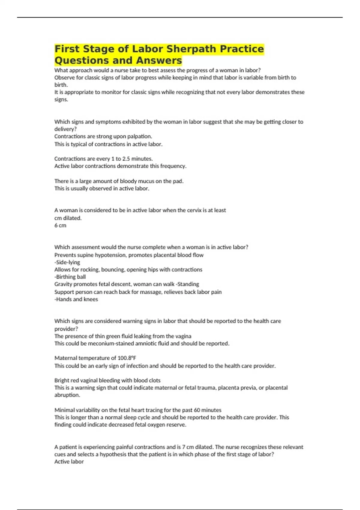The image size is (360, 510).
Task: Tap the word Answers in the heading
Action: click(159, 60)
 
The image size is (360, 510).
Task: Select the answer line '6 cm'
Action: click(60, 225)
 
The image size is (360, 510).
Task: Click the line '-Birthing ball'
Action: click(70, 277)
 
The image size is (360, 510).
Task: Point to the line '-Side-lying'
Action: click(67, 262)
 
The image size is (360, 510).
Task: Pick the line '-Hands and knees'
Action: click(76, 299)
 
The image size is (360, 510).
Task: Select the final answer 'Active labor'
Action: click(69, 462)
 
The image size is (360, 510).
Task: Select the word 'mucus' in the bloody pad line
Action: click(146, 181)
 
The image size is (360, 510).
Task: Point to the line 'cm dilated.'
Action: click(68, 218)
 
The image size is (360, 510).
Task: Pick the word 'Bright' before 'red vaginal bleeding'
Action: click(62, 380)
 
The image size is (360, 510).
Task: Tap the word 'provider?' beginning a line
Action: click(66, 329)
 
